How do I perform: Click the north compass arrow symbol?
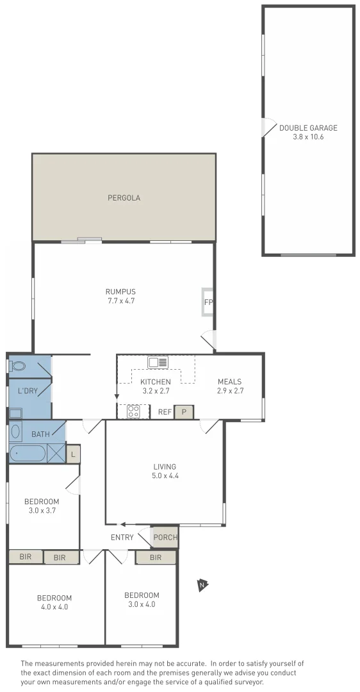202,584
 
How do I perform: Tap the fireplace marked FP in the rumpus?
208,302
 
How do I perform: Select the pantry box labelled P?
184,412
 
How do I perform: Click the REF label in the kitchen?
165,412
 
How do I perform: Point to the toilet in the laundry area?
17,367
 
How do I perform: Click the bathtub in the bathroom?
28,454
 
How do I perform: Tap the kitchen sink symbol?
158,363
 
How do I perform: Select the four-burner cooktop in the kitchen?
133,411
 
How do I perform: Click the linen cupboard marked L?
74,454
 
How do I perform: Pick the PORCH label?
165,537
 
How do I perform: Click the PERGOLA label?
124,198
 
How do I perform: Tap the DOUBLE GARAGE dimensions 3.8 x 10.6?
308,136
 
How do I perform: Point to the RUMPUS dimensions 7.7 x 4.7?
121,301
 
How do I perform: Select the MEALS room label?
230,382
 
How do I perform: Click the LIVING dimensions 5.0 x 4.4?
165,475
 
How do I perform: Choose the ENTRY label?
122,538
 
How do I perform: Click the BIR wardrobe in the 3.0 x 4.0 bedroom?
156,557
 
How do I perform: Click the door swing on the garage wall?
265,128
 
